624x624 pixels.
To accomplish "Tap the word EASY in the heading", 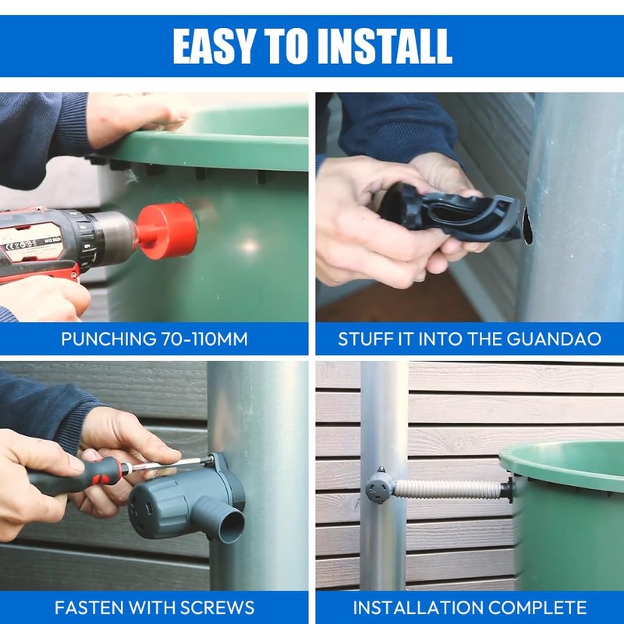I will pos(215,47).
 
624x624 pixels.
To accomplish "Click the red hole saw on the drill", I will pos(167,231).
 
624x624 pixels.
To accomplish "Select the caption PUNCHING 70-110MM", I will pos(154,339).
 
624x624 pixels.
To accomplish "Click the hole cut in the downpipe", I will pos(527,225).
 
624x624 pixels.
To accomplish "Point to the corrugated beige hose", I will pos(448,489).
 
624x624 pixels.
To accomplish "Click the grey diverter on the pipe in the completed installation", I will pos(380,486).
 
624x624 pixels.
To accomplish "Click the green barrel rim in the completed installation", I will pos(562,460).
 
